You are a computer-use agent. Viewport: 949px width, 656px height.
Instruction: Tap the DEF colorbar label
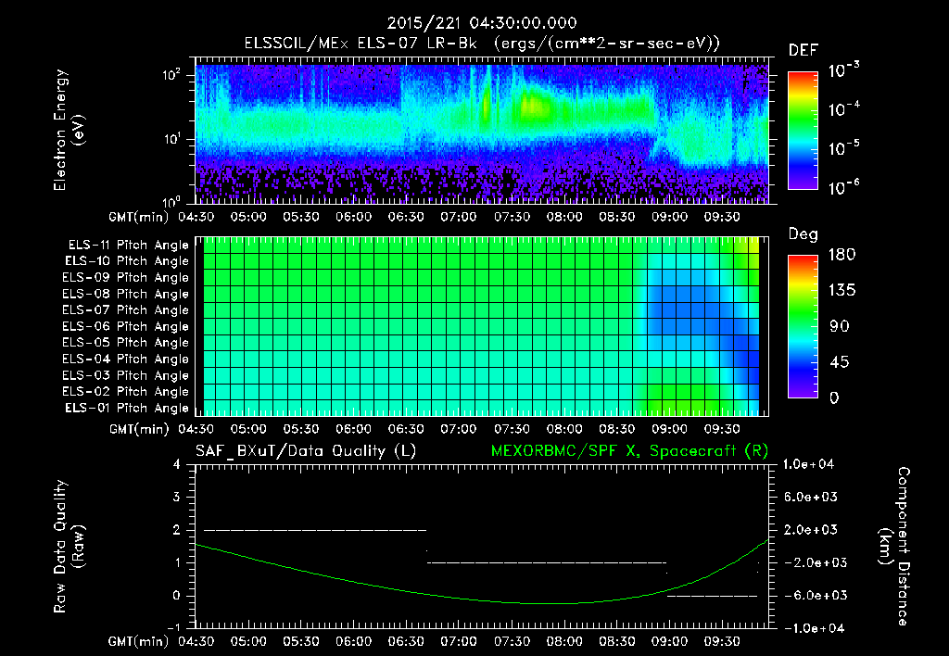[x=802, y=50]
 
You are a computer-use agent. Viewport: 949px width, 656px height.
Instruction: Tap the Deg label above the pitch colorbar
[x=803, y=235]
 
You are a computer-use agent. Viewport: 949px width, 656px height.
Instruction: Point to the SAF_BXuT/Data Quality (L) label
[x=305, y=450]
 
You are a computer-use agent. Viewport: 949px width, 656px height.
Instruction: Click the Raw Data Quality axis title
[x=69, y=547]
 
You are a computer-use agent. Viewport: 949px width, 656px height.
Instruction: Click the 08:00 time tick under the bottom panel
[x=564, y=640]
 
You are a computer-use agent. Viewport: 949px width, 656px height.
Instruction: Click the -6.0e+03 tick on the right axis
[x=812, y=595]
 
